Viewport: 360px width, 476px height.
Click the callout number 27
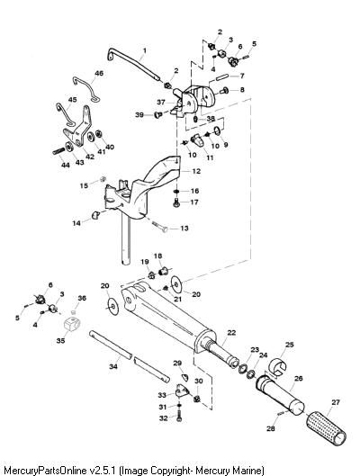[x=336, y=402]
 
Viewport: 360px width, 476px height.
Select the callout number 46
[x=99, y=73]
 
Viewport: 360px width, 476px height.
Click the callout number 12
[x=196, y=171]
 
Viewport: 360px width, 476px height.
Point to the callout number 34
[x=113, y=367]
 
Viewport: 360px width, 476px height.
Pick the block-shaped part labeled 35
[x=74, y=325]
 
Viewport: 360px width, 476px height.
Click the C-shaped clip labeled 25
[x=278, y=366]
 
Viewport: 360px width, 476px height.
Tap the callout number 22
[x=231, y=333]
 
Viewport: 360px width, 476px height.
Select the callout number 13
[x=184, y=228]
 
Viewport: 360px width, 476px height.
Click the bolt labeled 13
[x=159, y=227]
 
